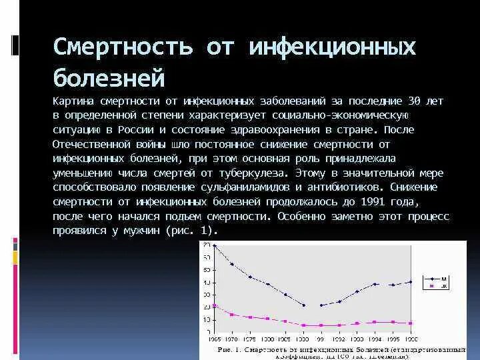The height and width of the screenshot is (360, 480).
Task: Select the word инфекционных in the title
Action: pos(332,47)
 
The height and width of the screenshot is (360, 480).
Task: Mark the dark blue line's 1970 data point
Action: pos(232,264)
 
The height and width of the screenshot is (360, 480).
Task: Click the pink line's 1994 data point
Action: pos(375,322)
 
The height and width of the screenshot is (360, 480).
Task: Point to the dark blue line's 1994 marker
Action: pos(375,284)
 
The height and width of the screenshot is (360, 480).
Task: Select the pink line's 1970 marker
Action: pos(232,314)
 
